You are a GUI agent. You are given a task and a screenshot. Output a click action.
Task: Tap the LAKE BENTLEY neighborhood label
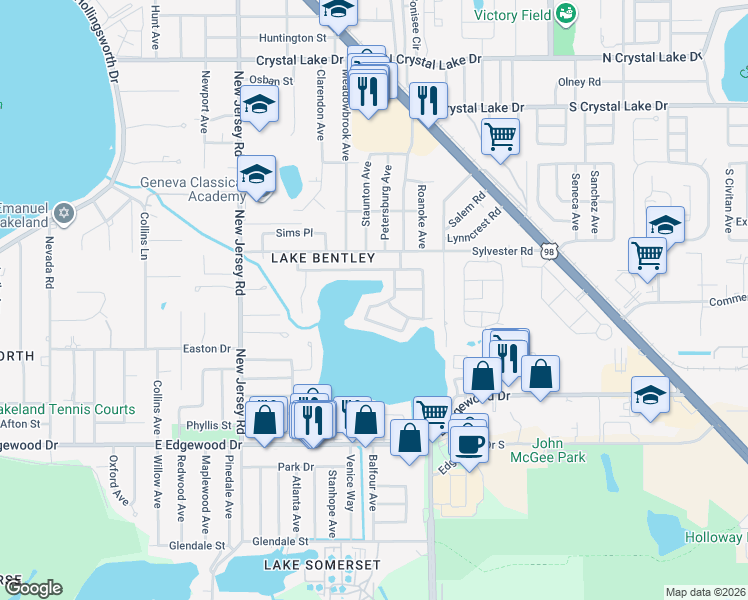pyautogui.click(x=323, y=259)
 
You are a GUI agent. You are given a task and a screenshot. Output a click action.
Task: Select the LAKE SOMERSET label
pyautogui.click(x=322, y=565)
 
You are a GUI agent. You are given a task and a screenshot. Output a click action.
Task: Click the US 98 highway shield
pyautogui.click(x=549, y=252)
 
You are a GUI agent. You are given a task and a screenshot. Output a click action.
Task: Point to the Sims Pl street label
pyautogui.click(x=294, y=233)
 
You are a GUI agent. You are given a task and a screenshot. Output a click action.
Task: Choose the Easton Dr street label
pyautogui.click(x=206, y=349)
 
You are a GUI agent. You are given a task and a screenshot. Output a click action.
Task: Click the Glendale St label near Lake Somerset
pyautogui.click(x=277, y=541)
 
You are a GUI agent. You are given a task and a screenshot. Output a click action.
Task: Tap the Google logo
pyautogui.click(x=33, y=587)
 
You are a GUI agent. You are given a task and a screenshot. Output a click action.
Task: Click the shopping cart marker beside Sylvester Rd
pyautogui.click(x=647, y=254)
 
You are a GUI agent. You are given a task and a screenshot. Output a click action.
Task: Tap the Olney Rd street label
pyautogui.click(x=580, y=82)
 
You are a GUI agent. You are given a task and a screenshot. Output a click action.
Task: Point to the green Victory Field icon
pyautogui.click(x=567, y=14)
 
